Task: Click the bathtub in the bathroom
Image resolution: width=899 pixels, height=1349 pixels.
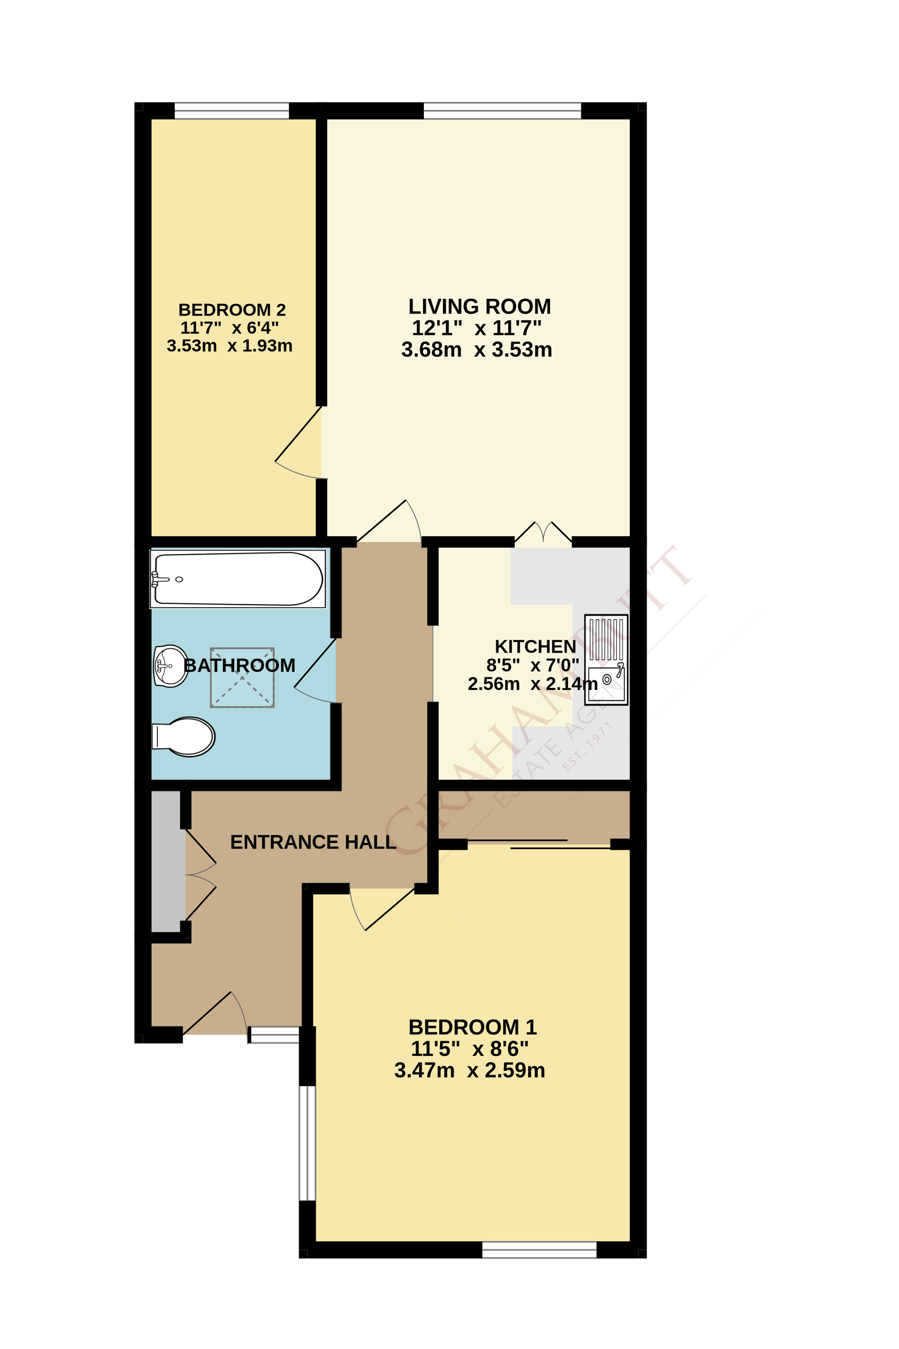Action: (238, 579)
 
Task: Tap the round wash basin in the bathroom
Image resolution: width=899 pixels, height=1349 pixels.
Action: (171, 666)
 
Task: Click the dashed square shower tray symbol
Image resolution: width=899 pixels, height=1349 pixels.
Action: (242, 677)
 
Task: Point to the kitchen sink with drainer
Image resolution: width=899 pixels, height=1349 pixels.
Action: (606, 660)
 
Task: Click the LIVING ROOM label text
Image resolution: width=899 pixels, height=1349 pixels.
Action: (479, 306)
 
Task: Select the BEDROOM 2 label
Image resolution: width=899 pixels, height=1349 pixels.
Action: (232, 310)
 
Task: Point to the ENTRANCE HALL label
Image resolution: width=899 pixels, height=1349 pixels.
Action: (313, 841)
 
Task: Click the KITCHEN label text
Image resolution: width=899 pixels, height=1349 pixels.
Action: (535, 647)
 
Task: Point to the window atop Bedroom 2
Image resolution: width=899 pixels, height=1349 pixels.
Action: (232, 111)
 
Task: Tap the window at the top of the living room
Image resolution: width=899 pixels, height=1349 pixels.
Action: (502, 111)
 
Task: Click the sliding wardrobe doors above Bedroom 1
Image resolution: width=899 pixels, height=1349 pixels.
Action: (539, 844)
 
